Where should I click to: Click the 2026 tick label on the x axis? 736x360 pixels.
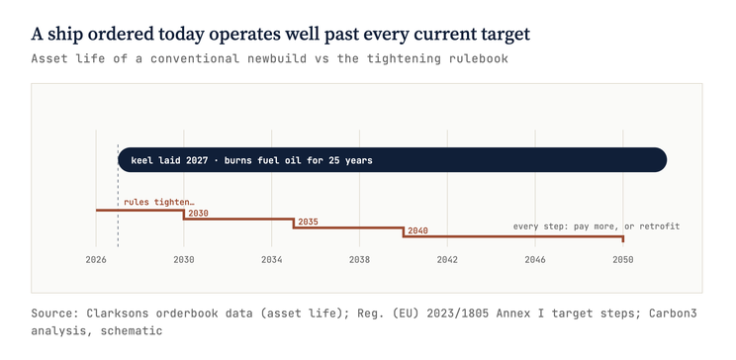pos(96,259)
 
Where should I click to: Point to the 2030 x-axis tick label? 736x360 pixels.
pos(184,259)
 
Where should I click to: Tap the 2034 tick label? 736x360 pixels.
pos(271,259)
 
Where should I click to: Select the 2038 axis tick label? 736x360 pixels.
pos(359,259)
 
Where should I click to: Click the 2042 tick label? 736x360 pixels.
pos(447,259)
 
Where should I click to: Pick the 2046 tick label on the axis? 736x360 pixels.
pos(535,259)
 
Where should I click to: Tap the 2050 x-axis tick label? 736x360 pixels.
pos(623,259)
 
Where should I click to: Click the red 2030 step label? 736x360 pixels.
pos(198,213)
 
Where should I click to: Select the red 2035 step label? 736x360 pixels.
pos(308,222)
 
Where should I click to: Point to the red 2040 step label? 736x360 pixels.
pos(417,230)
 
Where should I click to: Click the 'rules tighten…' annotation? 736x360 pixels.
pos(158,203)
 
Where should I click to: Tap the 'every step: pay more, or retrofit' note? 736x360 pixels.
pos(597,226)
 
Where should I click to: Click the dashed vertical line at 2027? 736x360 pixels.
pos(118,196)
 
